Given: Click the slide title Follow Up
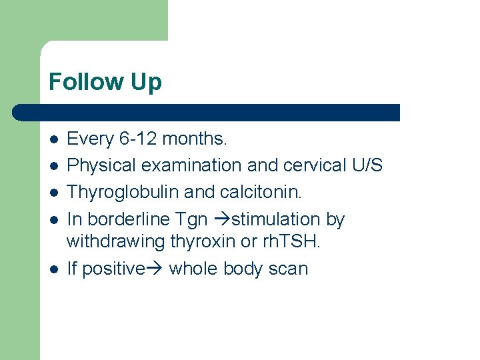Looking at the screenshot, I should tap(105, 83).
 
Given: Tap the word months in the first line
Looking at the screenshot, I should tap(195, 139).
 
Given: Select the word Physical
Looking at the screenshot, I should tap(97, 165).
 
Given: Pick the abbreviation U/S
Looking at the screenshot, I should tap(365, 165).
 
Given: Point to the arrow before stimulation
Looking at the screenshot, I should tap(221, 219).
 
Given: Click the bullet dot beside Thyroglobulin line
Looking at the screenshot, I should tap(54, 192).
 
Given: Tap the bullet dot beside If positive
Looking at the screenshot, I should tap(54, 269).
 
